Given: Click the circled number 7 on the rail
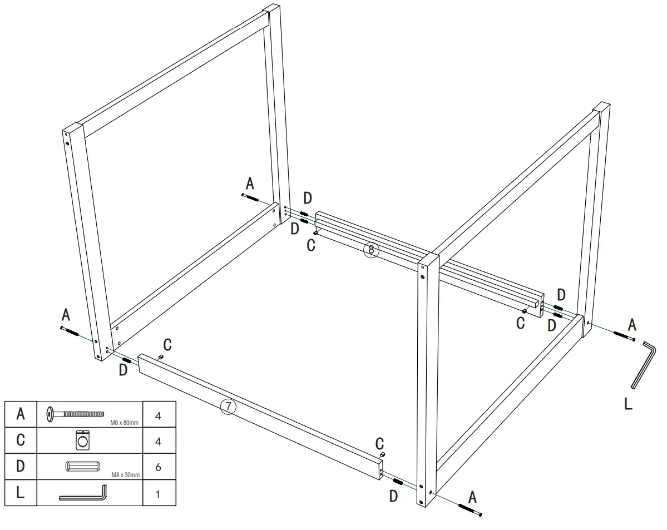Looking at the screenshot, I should (x=228, y=407).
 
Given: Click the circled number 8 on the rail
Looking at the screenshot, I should (x=371, y=250).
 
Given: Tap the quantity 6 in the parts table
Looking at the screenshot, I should (x=159, y=467).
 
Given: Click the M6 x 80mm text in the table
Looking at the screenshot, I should (x=124, y=423).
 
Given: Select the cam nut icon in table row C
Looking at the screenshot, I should (x=81, y=440).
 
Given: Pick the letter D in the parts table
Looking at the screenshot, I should (x=20, y=467).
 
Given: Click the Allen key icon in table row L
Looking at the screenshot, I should (x=82, y=493).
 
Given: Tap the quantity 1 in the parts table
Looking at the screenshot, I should (x=159, y=493).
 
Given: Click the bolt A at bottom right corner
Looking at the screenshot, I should (x=470, y=509).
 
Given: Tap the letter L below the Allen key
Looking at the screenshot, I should (x=628, y=404).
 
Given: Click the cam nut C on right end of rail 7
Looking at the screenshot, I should (x=383, y=455).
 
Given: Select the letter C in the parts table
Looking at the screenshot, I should (x=20, y=440).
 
